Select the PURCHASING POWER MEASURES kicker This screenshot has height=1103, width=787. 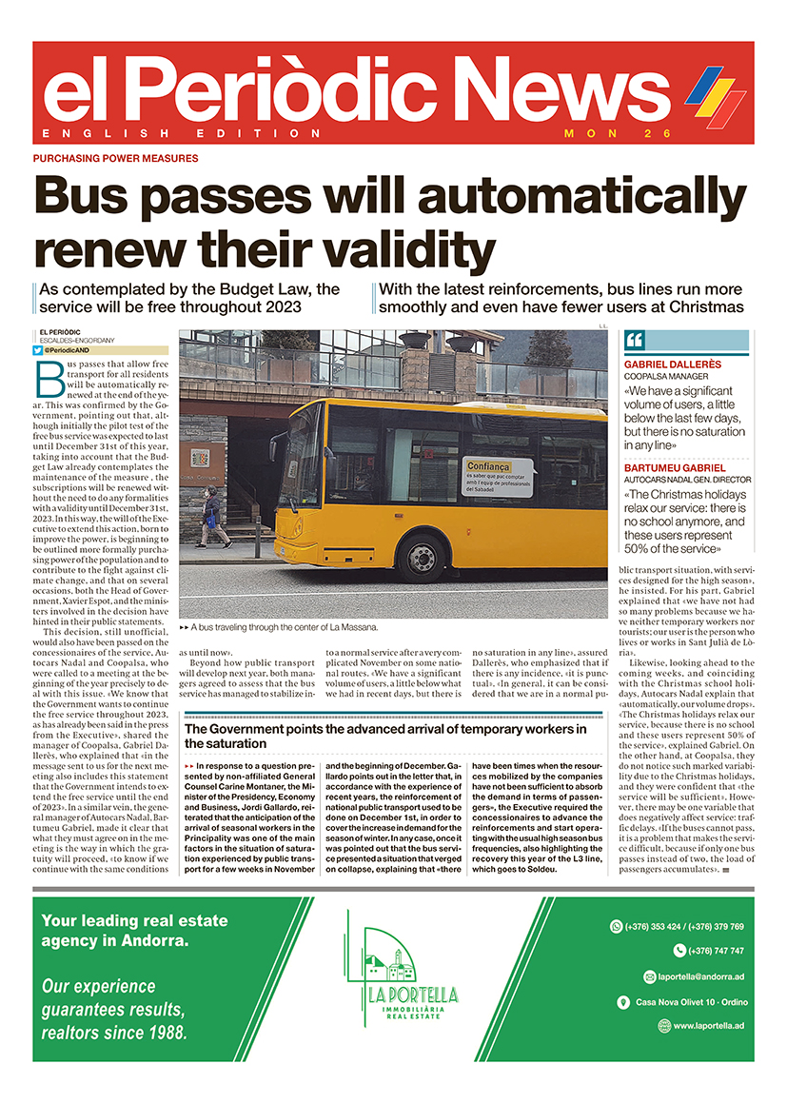tap(115, 159)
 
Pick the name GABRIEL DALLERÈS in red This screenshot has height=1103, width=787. tap(672, 364)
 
